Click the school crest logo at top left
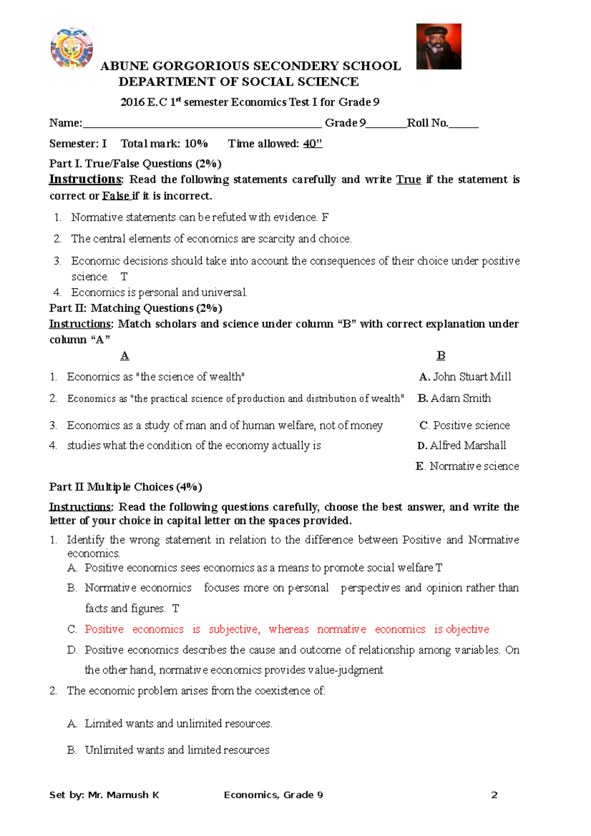[72, 48]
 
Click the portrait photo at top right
[438, 46]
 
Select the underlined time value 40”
[312, 144]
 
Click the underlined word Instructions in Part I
[85, 179]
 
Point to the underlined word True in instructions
[408, 180]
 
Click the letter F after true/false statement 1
[325, 217]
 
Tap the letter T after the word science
[124, 277]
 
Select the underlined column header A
[125, 355]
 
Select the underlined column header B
[441, 355]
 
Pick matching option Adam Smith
[460, 398]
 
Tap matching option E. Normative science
[467, 466]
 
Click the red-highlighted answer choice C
[287, 629]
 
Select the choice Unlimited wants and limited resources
[177, 750]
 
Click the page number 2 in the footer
[494, 795]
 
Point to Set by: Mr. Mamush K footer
[104, 795]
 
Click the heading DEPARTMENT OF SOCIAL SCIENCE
[238, 82]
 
